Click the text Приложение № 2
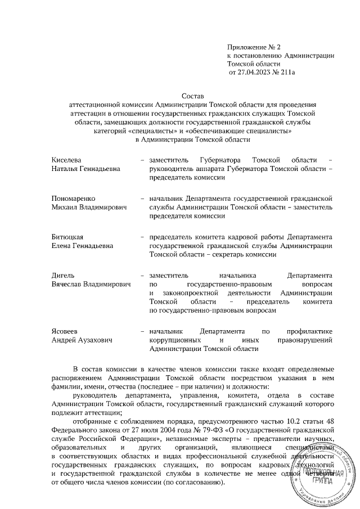coord(249,46)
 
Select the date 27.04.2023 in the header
coord(255,73)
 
